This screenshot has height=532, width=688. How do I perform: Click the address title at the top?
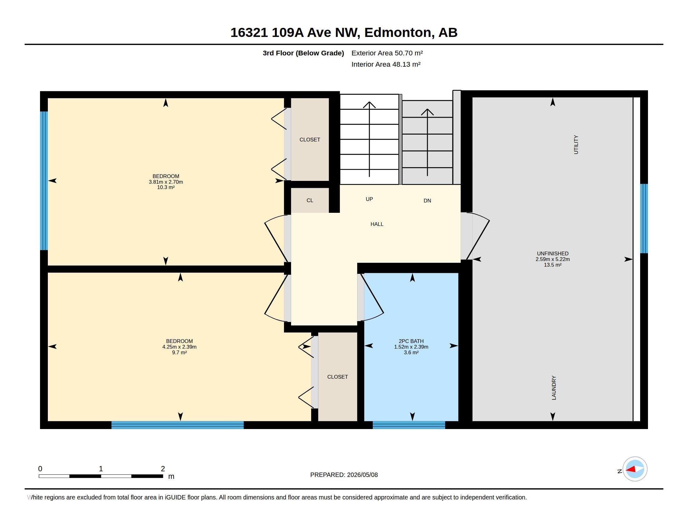(x=344, y=33)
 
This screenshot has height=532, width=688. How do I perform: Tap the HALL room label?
(x=377, y=224)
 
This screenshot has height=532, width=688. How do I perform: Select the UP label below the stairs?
(x=369, y=199)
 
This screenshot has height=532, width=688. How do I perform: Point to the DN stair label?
(x=427, y=201)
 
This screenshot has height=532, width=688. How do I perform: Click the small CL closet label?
(x=310, y=200)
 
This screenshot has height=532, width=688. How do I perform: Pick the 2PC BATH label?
(x=411, y=341)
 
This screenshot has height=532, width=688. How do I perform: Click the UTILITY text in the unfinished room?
(x=576, y=145)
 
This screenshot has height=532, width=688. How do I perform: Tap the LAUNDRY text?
(x=554, y=388)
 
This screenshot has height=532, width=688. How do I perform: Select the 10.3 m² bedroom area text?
(x=166, y=187)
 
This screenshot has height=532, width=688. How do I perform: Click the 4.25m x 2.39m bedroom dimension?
(x=179, y=347)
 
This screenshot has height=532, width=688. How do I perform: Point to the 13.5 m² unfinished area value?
(x=553, y=265)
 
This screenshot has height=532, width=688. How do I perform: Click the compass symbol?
(x=635, y=469)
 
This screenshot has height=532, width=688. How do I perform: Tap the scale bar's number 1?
(x=101, y=469)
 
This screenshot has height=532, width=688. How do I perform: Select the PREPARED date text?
(x=344, y=475)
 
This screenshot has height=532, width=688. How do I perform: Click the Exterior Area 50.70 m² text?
(x=387, y=53)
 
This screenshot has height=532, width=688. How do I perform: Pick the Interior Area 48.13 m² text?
(x=386, y=64)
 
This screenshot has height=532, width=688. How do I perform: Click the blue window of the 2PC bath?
(x=409, y=425)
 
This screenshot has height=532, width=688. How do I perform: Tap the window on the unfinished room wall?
(x=644, y=218)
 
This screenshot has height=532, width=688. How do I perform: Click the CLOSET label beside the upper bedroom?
(x=310, y=140)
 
